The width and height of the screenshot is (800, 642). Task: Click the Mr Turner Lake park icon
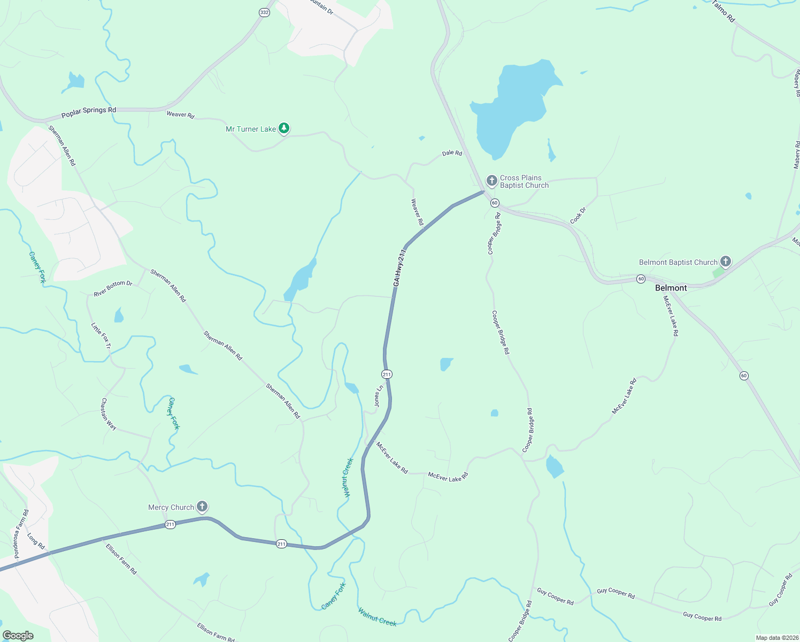coord(284,128)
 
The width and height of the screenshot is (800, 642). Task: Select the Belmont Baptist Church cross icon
coord(725,262)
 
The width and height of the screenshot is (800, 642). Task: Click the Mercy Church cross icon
coord(202,507)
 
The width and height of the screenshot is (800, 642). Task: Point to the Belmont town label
coord(671,288)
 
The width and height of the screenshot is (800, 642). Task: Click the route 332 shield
coord(264,12)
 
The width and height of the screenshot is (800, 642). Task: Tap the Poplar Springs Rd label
coord(89,112)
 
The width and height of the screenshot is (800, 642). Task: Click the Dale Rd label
coord(452,153)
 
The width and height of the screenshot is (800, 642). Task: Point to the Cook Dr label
coord(578,216)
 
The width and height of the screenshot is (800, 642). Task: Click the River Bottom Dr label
coord(113,288)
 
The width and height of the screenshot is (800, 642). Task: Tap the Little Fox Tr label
coord(101,335)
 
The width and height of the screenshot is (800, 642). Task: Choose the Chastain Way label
coord(109,414)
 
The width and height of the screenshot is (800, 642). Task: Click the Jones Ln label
coord(379,396)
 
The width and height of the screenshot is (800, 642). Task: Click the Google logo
coord(18,635)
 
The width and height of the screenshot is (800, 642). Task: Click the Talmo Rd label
coord(724,11)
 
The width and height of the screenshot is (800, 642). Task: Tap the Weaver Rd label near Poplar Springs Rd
coord(180,114)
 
